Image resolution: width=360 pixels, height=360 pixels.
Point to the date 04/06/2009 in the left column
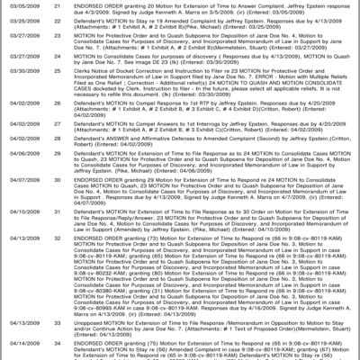click(20, 154)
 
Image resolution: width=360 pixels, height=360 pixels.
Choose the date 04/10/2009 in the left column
click(20, 210)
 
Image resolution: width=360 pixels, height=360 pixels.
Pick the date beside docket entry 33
click(20, 320)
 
